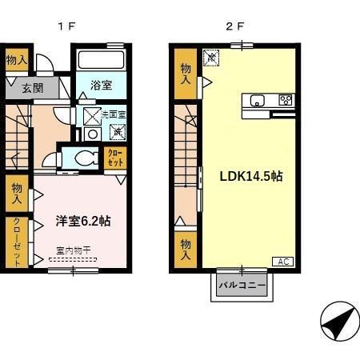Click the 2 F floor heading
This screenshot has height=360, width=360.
234,25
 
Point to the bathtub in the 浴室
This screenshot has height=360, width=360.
100,61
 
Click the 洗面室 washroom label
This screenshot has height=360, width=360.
113,115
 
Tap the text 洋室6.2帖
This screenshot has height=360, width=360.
82,219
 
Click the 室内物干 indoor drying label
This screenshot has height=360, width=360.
73,251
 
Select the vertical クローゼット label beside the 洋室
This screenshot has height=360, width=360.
16,242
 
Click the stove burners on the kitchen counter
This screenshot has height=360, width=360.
286,100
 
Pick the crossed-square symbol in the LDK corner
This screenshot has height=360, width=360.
211,57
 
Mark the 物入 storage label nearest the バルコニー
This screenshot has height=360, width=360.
185,249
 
